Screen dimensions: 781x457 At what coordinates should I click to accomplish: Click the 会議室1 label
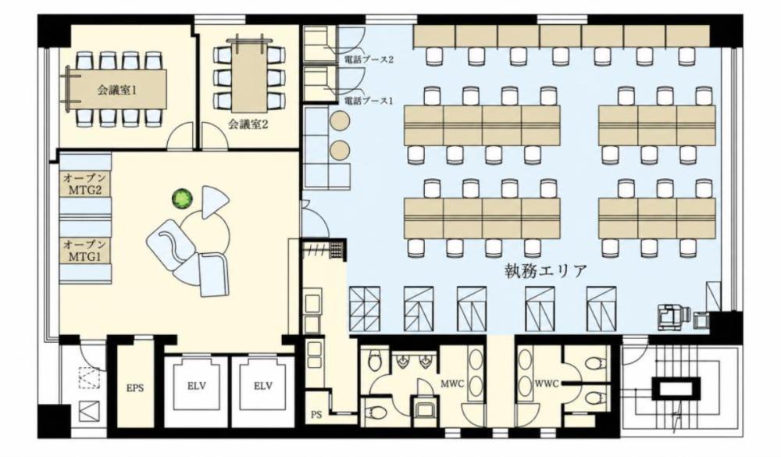pyautogui.click(x=116, y=91)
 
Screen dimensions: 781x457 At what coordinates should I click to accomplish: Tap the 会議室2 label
pyautogui.click(x=248, y=124)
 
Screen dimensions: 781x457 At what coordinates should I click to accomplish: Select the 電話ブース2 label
pyautogui.click(x=369, y=59)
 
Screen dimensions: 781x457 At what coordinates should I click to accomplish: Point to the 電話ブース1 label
pyautogui.click(x=369, y=101)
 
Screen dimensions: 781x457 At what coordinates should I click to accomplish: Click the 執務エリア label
pyautogui.click(x=545, y=271)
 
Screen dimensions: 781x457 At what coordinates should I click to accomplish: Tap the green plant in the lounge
pyautogui.click(x=182, y=199)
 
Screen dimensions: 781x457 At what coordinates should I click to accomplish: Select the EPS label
pyautogui.click(x=135, y=387)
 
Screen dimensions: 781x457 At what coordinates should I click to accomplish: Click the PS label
pyautogui.click(x=316, y=414)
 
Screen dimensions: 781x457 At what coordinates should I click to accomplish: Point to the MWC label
pyautogui.click(x=451, y=384)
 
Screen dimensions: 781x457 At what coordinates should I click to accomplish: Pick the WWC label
pyautogui.click(x=547, y=384)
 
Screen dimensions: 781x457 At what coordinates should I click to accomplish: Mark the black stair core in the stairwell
pyautogui.click(x=676, y=387)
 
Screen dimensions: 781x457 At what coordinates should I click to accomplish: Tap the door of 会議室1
pyautogui.click(x=180, y=137)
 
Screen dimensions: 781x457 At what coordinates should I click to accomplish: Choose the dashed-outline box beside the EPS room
pyautogui.click(x=89, y=377)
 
